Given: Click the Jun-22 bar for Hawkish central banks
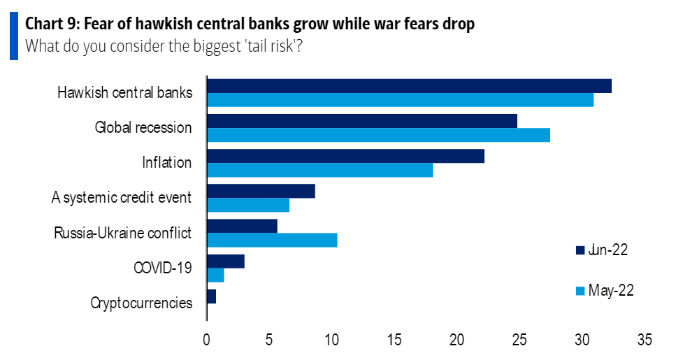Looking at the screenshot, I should [x=409, y=86].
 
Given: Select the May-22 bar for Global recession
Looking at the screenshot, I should [x=378, y=135].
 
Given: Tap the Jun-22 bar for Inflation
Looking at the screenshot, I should [x=345, y=156].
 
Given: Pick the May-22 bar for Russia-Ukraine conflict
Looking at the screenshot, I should [x=272, y=240].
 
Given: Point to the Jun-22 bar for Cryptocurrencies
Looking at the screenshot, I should [x=211, y=296].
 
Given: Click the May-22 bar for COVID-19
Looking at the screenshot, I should [x=215, y=275].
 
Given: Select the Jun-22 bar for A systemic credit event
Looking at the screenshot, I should [x=261, y=191].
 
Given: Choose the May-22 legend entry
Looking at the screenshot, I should [x=604, y=290].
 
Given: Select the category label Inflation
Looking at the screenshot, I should [x=166, y=163].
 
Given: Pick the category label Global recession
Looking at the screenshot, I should [x=143, y=128].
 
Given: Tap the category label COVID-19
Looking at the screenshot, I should [x=161, y=268].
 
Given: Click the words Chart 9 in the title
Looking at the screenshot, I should [x=51, y=24].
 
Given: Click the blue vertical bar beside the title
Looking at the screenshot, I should [x=13, y=35].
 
